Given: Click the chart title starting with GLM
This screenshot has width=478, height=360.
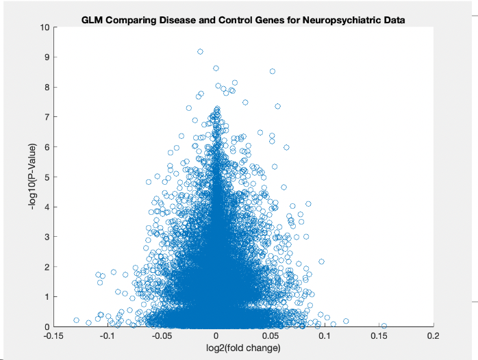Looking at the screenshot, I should tap(243, 20).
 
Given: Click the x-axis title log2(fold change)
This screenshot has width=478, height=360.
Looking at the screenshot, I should tap(243, 348).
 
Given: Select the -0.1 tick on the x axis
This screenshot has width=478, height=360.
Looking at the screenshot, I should tap(108, 336).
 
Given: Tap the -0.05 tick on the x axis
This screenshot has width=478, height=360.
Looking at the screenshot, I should tap(162, 336).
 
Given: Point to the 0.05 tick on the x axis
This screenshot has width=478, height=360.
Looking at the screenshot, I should tap(271, 336).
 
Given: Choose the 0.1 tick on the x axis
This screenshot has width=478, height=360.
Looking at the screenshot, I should tap(325, 336).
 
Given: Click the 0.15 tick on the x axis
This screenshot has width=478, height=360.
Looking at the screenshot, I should tap(379, 336).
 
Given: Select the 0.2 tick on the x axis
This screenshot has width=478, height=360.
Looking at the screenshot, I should tap(433, 336).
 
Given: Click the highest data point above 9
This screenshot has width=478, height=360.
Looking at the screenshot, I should tap(201, 51).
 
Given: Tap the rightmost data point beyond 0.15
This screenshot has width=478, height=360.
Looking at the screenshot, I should tap(383, 326).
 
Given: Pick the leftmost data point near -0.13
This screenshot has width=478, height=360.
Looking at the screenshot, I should tap(76, 320).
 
